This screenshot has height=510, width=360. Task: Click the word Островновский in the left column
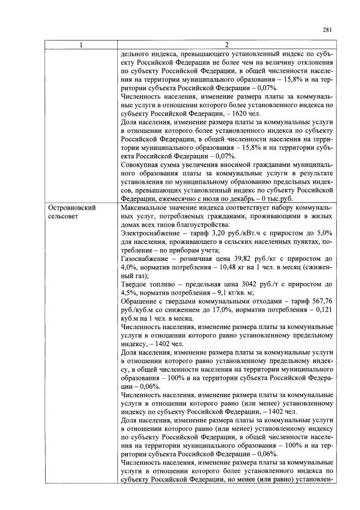point(72,208)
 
